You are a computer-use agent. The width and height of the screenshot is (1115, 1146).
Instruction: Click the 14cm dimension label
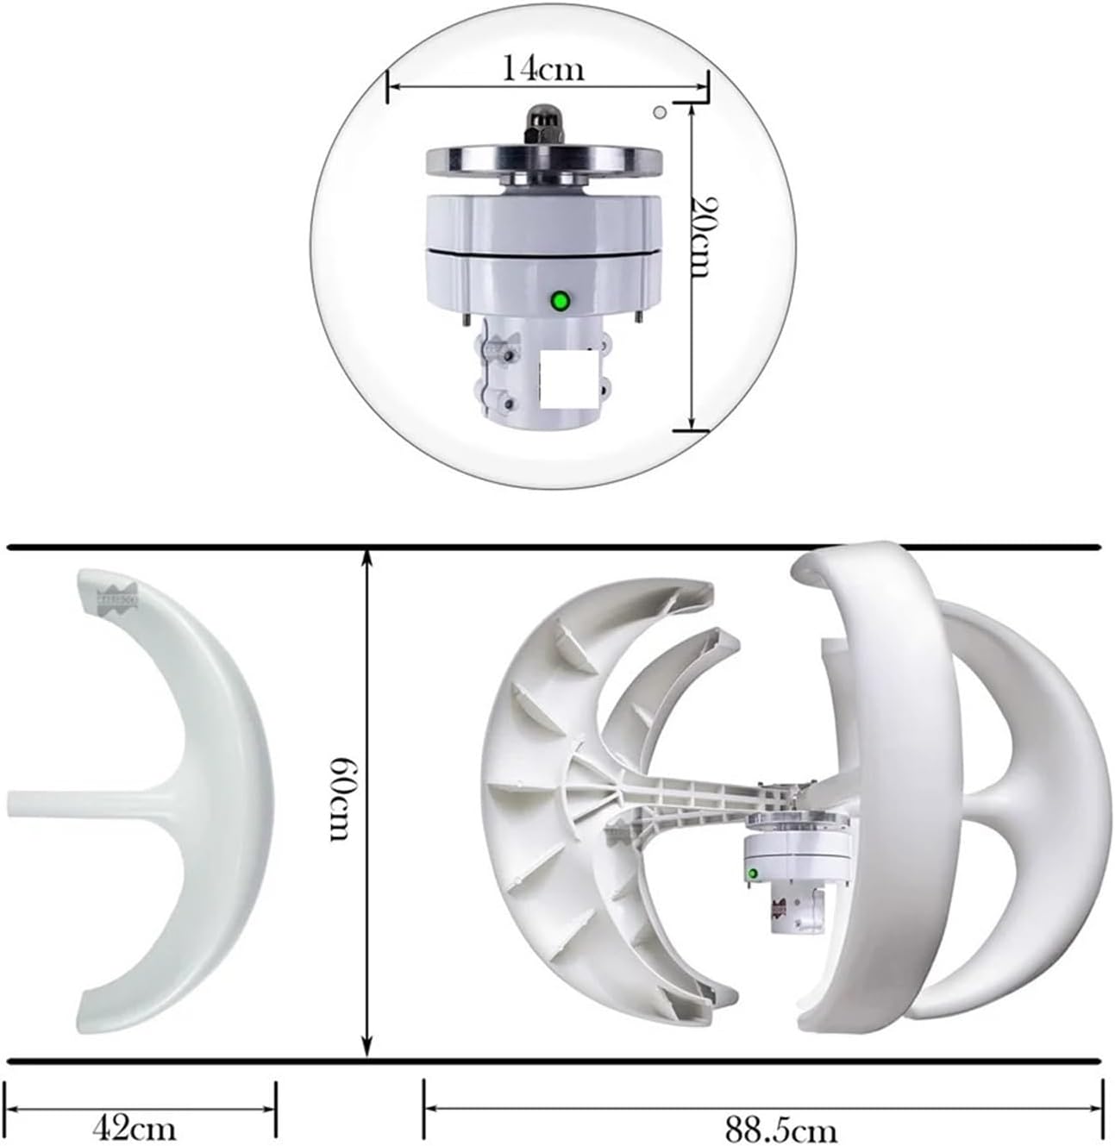point(543,68)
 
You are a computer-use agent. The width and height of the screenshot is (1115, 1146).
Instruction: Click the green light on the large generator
point(561,301)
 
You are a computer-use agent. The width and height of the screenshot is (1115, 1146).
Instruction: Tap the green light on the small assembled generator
point(753,874)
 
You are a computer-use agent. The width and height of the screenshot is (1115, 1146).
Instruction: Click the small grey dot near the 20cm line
point(660,111)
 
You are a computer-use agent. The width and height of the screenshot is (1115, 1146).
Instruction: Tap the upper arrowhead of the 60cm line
point(368,556)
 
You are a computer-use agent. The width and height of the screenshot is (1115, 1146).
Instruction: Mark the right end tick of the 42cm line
point(276,1106)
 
